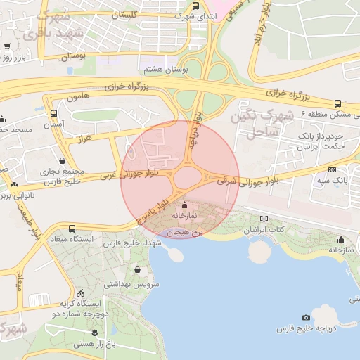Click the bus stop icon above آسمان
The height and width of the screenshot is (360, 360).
(x=54, y=113)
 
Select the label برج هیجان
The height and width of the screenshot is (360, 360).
(x=188, y=230)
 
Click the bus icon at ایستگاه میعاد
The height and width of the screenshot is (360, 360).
(x=72, y=229)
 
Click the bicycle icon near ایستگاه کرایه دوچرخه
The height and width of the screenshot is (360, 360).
(x=81, y=292)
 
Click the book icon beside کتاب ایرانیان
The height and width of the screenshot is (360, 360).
(x=264, y=219)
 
